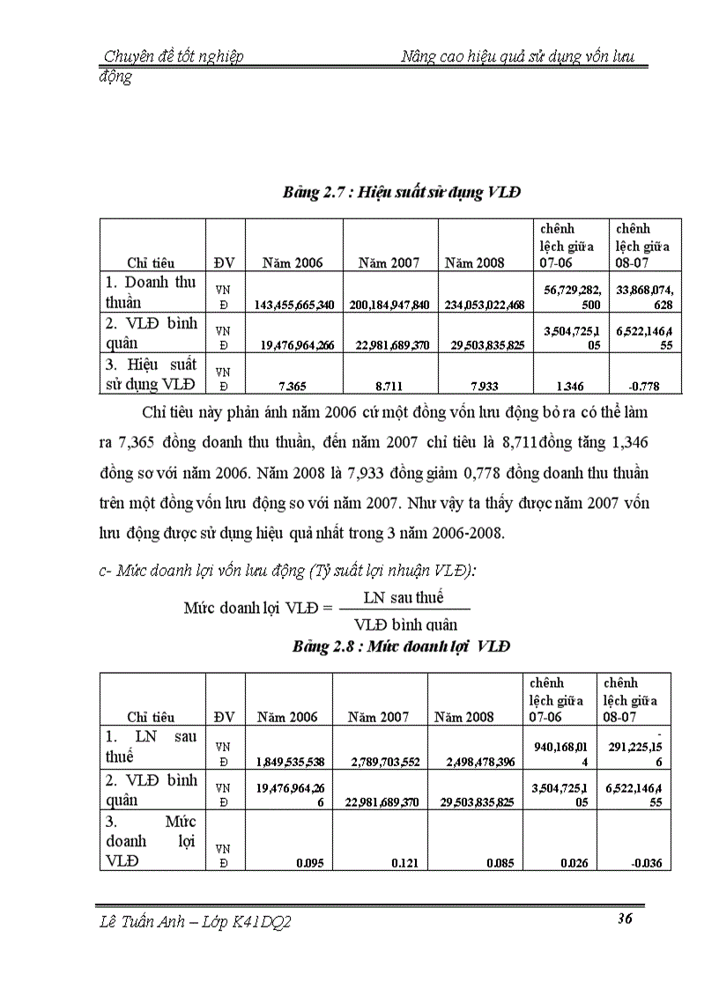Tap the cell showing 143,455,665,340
(294, 305)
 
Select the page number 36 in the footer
(625, 919)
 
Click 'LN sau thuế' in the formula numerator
(404, 598)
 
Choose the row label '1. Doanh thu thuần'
(151, 292)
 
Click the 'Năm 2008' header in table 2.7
(475, 262)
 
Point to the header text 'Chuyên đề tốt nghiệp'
(174, 57)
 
